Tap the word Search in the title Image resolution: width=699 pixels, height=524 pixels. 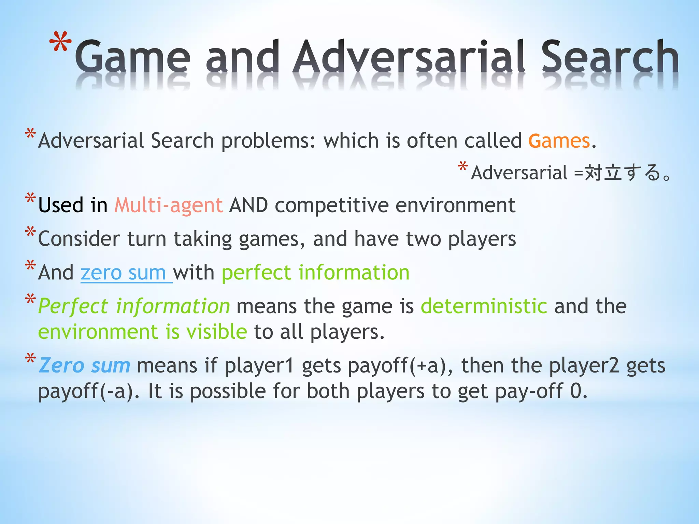click(x=610, y=56)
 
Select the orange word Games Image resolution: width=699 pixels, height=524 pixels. click(x=559, y=141)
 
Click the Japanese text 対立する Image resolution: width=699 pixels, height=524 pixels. click(x=623, y=172)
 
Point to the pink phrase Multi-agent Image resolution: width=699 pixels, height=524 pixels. click(x=169, y=205)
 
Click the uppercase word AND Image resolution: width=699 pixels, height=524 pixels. click(x=248, y=205)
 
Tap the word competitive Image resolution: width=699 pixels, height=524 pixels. click(x=332, y=205)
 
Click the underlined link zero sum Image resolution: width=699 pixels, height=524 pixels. click(x=123, y=273)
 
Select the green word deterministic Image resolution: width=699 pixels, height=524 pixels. click(x=484, y=306)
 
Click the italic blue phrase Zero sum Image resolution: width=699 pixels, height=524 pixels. click(x=84, y=365)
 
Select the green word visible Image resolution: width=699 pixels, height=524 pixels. click(x=216, y=332)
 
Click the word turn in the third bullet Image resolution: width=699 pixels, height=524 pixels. click(x=147, y=239)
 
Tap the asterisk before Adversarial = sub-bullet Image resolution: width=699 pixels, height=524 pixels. click(x=463, y=167)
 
